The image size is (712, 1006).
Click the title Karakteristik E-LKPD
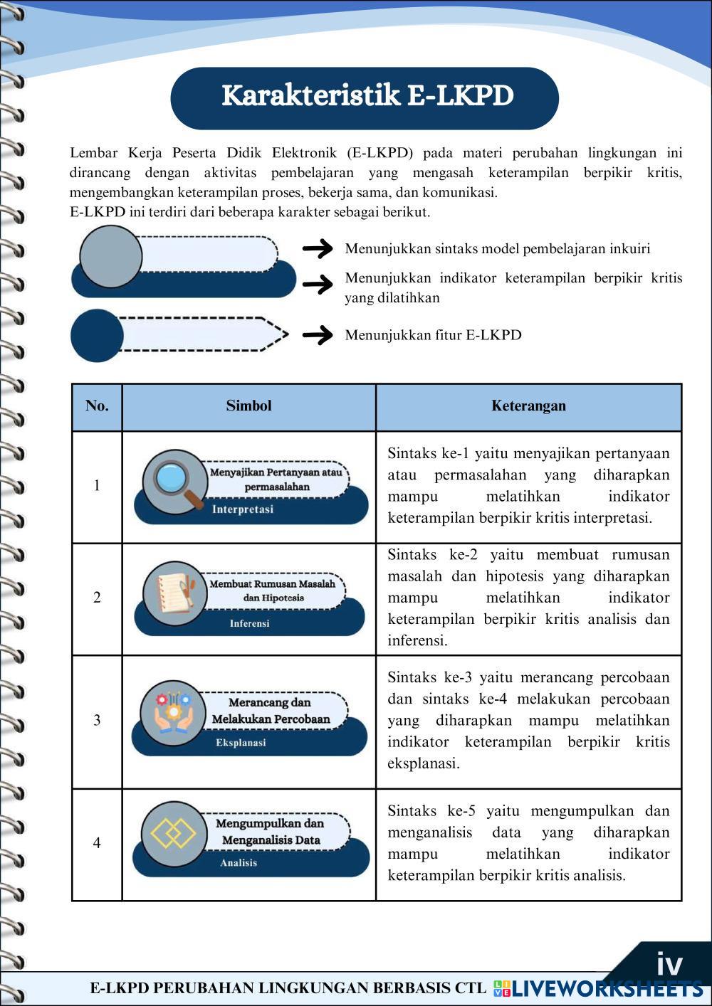click(367, 96)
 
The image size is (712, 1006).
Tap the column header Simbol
click(248, 406)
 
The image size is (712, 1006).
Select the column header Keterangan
click(528, 406)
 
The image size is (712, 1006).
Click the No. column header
click(97, 406)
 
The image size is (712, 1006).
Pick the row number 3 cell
click(97, 720)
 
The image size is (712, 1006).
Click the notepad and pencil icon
click(173, 593)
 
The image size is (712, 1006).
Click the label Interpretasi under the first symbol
click(242, 509)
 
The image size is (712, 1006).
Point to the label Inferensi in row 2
click(249, 623)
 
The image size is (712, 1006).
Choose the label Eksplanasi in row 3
click(241, 743)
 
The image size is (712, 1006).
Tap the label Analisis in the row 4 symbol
click(239, 863)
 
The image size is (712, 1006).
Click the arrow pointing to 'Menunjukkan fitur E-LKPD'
click(318, 334)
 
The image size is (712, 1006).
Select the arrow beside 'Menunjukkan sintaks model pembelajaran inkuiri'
click(318, 248)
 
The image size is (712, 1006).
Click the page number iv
click(669, 964)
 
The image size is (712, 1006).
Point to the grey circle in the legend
click(111, 256)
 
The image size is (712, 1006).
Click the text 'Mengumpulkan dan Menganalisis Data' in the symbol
click(271, 832)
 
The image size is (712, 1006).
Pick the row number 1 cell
click(97, 486)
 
